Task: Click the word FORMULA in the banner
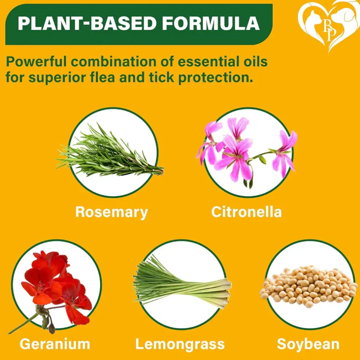[x=211, y=23]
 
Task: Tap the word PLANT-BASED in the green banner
[x=87, y=23]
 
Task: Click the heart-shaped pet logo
[x=329, y=26]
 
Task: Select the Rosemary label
[x=112, y=212]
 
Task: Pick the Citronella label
[x=246, y=212]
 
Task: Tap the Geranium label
[x=55, y=344]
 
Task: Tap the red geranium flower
[x=55, y=287]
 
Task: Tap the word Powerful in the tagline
[x=36, y=62]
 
